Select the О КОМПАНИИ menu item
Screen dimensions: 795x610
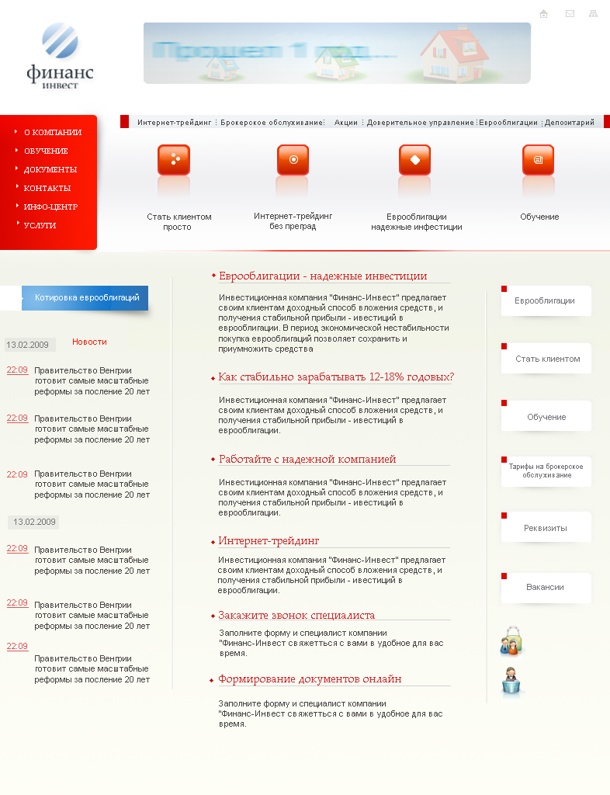click(x=52, y=133)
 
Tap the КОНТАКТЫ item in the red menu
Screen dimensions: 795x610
click(x=47, y=189)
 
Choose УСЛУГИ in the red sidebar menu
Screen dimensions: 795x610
click(x=40, y=226)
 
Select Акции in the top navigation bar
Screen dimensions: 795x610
click(x=346, y=123)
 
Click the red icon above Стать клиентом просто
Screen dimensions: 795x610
click(x=174, y=160)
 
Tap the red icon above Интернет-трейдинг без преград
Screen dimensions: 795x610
click(x=293, y=160)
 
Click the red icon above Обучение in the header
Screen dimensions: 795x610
click(x=538, y=160)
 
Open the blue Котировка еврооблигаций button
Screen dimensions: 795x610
click(x=85, y=297)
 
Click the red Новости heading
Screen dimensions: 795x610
click(x=89, y=342)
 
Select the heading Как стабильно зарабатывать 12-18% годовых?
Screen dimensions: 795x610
click(x=336, y=377)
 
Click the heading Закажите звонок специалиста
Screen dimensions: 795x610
click(x=296, y=616)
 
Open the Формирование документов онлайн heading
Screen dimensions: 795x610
click(x=310, y=679)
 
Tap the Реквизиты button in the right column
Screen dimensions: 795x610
click(x=546, y=528)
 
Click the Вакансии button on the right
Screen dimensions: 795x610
click(x=546, y=588)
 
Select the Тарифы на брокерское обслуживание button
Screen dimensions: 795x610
click(x=546, y=471)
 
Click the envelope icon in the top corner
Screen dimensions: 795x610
click(x=570, y=14)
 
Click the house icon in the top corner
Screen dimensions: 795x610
click(x=543, y=14)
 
